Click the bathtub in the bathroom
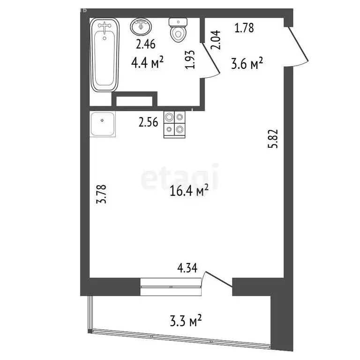tap(105, 55)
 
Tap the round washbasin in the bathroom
tap(141, 27)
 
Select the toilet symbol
tap(178, 30)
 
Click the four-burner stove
tap(174, 124)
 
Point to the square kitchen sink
tap(102, 124)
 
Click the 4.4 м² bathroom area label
tap(147, 62)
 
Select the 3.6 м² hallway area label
tap(247, 63)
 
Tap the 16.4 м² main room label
tap(189, 190)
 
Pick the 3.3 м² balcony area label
tap(186, 321)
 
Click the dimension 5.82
tap(273, 139)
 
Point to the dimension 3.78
tap(101, 194)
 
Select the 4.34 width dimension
tap(187, 268)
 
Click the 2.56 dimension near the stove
tap(148, 122)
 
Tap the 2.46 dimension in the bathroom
tap(146, 44)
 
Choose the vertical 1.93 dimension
tap(190, 60)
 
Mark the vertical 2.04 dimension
tap(216, 40)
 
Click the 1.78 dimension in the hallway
tap(244, 28)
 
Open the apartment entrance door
tap(298, 45)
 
